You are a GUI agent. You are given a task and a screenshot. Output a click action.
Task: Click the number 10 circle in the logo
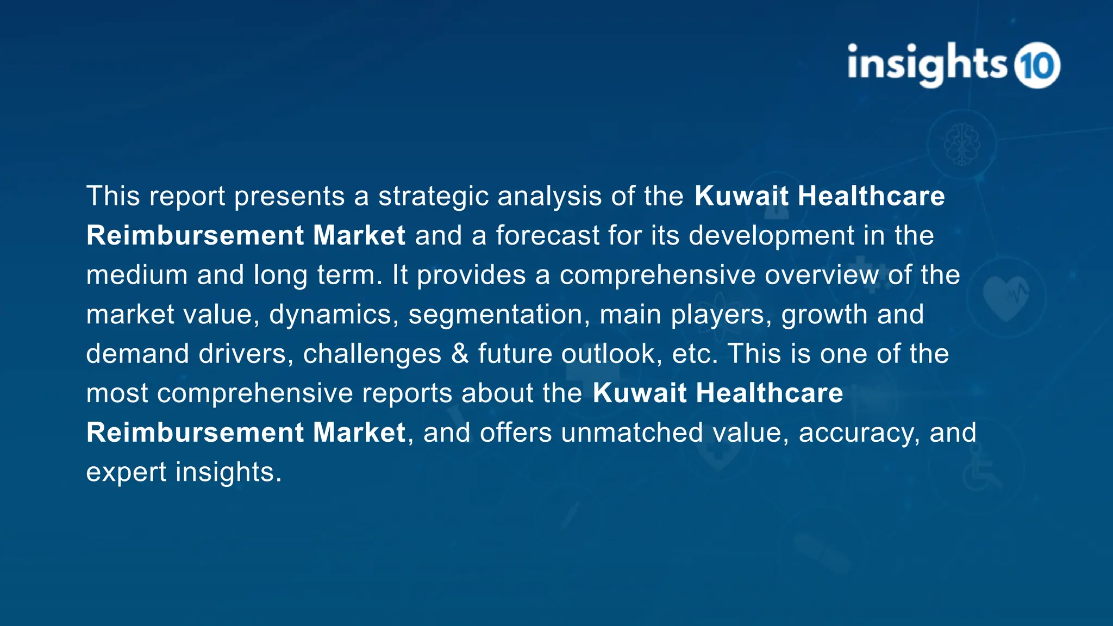(1037, 65)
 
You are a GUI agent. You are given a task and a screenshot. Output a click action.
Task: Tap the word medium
(137, 276)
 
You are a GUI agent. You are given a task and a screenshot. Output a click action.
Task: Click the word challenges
(372, 354)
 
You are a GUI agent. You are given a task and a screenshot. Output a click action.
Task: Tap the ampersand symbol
(460, 354)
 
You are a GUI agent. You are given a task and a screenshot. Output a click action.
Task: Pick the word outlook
(611, 354)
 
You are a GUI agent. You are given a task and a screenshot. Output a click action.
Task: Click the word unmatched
(632, 433)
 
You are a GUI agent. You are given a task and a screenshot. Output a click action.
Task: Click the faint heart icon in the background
(1006, 297)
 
